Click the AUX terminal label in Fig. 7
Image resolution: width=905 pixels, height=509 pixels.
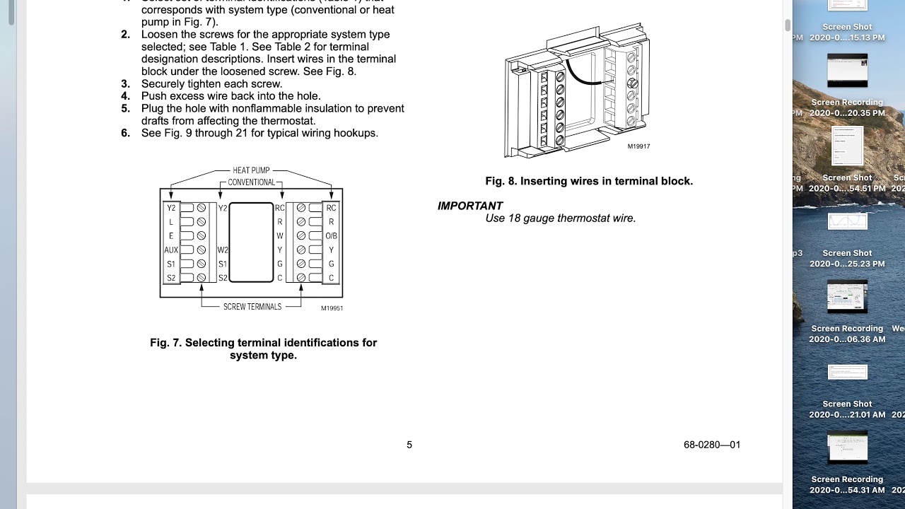click(x=170, y=250)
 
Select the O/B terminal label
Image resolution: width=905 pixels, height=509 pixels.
click(x=331, y=235)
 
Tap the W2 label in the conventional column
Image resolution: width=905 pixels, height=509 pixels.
click(x=223, y=250)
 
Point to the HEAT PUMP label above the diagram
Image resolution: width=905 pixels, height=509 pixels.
click(x=251, y=170)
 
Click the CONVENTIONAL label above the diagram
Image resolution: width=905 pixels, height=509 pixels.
click(x=251, y=182)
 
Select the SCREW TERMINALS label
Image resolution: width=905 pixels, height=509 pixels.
click(x=252, y=307)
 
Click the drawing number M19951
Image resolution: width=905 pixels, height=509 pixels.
click(x=332, y=308)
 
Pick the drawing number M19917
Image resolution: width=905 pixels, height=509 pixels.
click(x=638, y=146)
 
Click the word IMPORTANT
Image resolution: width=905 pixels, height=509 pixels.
click(x=470, y=206)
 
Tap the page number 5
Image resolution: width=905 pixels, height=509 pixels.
click(x=409, y=445)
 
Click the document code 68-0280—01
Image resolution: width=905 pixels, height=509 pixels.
click(x=712, y=445)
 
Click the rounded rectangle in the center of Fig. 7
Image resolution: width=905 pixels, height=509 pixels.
click(x=251, y=242)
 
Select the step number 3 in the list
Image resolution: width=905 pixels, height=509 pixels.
click(x=125, y=83)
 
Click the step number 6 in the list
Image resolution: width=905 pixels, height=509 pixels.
click(x=125, y=133)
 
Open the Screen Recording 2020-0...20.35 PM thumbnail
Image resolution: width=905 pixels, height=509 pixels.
click(x=847, y=71)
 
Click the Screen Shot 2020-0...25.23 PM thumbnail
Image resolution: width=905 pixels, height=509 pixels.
click(x=847, y=221)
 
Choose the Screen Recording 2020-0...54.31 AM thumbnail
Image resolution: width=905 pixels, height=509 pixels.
click(x=847, y=447)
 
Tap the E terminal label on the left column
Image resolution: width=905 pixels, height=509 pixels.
click(x=170, y=235)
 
